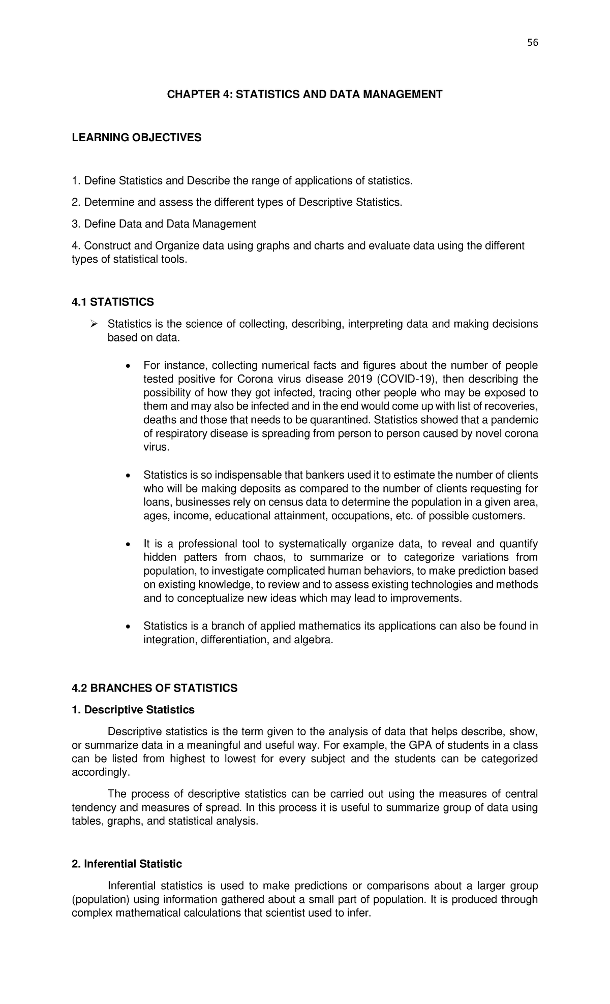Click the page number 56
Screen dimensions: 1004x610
pyautogui.click(x=532, y=43)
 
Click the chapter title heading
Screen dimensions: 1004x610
pyautogui.click(x=305, y=94)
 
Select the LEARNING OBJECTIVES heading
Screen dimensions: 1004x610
pyautogui.click(x=137, y=137)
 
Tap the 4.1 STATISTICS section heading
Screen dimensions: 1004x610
pyautogui.click(x=113, y=302)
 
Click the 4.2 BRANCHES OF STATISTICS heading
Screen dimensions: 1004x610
pyautogui.click(x=155, y=688)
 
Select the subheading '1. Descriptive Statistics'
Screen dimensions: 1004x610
pyautogui.click(x=133, y=709)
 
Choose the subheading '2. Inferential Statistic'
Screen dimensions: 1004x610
pyautogui.click(x=127, y=864)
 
